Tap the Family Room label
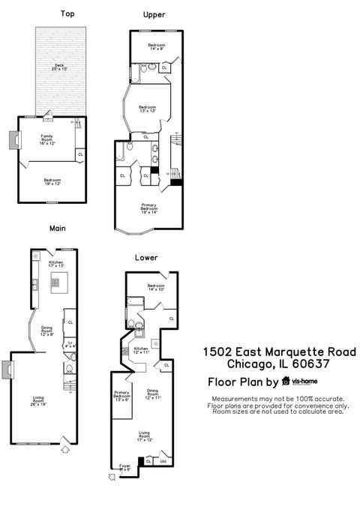point(46,138)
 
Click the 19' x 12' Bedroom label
point(52,181)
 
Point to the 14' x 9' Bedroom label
point(156,48)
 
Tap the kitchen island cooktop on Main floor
point(55,282)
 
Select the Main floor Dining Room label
point(46,330)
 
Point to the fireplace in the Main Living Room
point(7,370)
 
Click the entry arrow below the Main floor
point(64,449)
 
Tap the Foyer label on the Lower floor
point(125,467)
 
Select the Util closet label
point(163,461)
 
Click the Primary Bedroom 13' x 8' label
point(122,396)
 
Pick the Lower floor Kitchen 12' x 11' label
point(142,350)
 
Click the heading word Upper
point(154,14)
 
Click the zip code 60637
point(310,365)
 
